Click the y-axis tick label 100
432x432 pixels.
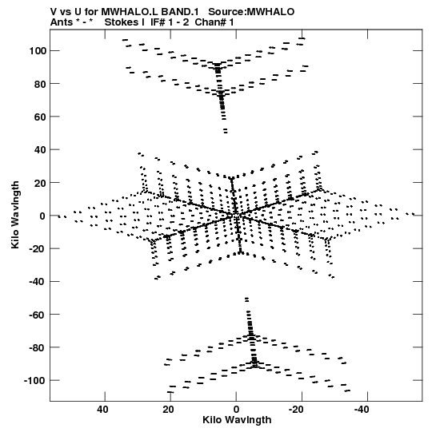coord(38,51)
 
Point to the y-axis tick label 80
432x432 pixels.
coord(40,84)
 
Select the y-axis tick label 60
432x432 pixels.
coord(40,117)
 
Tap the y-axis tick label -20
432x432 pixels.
coord(38,249)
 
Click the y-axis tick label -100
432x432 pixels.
coord(35,381)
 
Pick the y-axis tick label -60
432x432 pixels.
coord(38,315)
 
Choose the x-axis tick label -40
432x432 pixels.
coord(362,410)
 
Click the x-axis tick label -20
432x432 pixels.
coord(296,410)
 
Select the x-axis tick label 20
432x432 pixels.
coord(168,410)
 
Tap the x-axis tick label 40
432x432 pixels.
coord(102,410)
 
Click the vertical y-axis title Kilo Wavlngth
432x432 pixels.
coord(15,215)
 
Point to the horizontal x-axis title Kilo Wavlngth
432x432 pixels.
coord(237,420)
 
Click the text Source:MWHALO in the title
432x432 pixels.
coord(251,12)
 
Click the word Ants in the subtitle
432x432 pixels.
coord(61,22)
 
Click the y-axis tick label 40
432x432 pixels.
coord(40,150)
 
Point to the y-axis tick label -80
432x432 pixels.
coord(38,347)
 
